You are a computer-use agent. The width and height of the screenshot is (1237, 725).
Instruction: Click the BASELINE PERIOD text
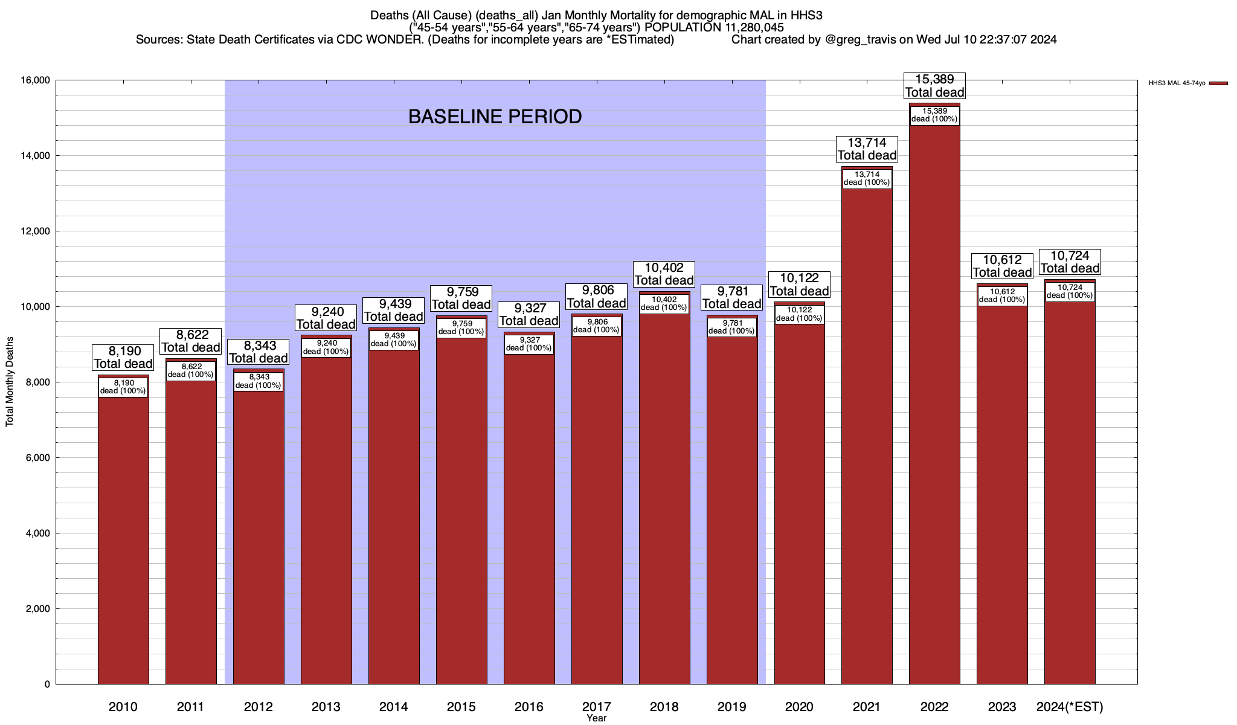495,117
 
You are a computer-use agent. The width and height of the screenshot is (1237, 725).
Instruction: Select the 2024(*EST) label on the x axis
1069,707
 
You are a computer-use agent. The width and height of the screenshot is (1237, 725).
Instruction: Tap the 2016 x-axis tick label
529,707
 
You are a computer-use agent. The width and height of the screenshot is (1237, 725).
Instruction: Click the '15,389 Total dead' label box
934,86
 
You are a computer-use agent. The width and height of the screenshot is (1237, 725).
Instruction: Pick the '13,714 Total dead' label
867,149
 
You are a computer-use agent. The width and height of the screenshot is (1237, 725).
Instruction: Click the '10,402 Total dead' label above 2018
664,274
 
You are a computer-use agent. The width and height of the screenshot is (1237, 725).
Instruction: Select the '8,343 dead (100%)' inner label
258,381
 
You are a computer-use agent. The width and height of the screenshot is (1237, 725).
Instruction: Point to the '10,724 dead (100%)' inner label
1070,291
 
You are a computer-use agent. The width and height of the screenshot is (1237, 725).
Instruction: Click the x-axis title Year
596,718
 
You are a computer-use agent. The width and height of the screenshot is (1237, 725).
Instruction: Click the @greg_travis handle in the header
861,40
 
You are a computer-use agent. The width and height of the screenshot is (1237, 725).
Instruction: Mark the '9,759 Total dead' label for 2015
461,298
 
